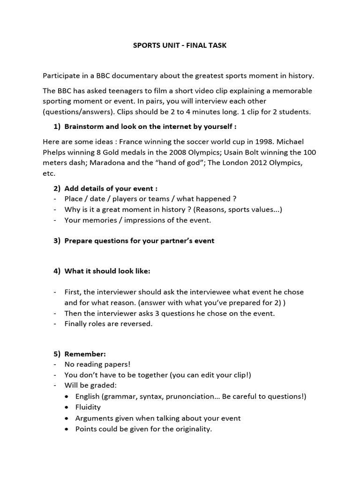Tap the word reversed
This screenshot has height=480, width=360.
click(x=136, y=324)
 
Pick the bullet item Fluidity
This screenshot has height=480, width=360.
click(x=88, y=407)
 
